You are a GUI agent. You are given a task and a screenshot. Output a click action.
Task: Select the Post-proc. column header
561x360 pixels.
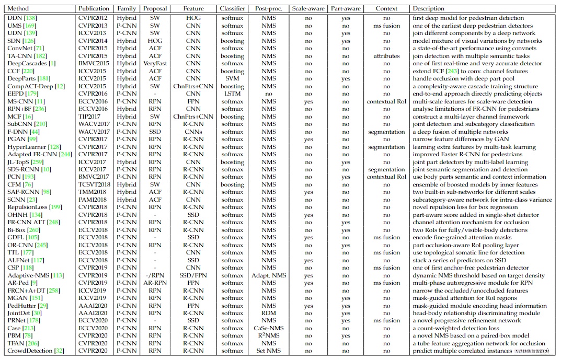point(269,9)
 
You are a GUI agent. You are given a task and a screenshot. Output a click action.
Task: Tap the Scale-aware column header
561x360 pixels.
point(308,9)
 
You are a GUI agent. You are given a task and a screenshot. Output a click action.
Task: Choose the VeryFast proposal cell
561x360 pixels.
point(155,63)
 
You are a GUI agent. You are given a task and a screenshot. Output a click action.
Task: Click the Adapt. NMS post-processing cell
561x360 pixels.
point(269,275)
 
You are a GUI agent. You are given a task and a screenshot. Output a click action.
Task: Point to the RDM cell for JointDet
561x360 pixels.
point(269,313)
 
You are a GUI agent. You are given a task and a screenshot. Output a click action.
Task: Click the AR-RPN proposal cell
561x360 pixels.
point(155,283)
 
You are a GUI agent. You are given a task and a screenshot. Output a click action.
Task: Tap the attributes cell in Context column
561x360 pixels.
point(386,56)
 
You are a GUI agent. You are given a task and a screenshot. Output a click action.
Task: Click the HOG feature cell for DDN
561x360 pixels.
point(193,18)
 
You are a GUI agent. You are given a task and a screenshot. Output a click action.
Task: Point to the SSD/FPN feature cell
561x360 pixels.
point(193,275)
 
